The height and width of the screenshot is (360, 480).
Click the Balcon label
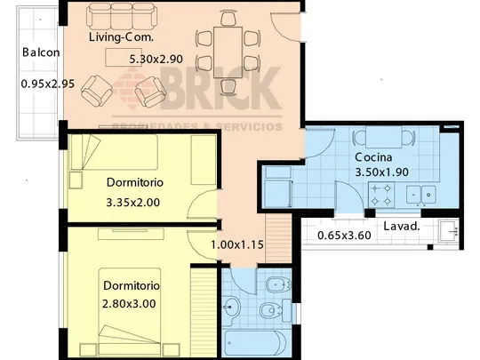click(41, 52)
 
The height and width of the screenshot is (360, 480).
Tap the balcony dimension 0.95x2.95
click(48, 84)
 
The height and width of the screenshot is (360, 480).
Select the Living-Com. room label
click(121, 37)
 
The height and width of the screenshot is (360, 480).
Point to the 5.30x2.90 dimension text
click(156, 59)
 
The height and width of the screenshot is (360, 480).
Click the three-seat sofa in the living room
click(122, 16)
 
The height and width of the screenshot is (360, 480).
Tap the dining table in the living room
click(228, 52)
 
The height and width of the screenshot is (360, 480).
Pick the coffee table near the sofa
click(124, 57)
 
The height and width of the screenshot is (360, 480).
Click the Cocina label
click(373, 157)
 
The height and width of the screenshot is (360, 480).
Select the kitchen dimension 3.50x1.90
click(381, 172)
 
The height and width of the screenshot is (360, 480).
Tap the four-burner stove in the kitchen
click(381, 195)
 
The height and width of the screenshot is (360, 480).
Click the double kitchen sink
click(421, 195)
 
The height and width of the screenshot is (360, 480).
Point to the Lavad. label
click(402, 227)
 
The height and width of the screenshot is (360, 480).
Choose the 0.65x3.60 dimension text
click(344, 236)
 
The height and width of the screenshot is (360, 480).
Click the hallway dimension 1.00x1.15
click(237, 244)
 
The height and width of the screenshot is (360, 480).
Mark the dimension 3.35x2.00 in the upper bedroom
click(133, 203)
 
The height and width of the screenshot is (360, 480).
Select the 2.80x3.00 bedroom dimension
click(129, 304)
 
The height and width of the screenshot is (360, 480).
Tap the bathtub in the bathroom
click(256, 343)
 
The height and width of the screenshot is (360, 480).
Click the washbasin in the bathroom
click(230, 307)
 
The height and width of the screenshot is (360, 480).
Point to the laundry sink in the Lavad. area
click(448, 231)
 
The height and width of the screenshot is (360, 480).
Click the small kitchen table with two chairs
click(384, 137)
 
